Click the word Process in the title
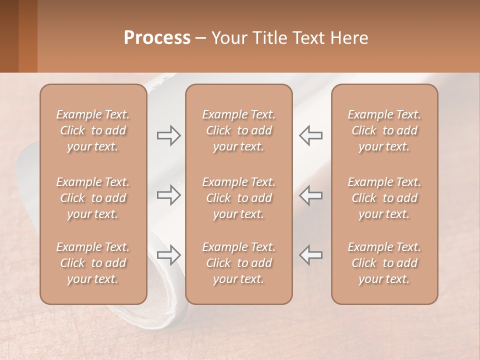click(157, 38)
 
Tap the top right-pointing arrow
click(168, 135)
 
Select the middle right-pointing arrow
click(168, 195)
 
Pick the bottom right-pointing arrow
click(168, 254)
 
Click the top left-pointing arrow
click(310, 135)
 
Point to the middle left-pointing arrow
click(310, 195)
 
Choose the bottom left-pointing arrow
click(310, 254)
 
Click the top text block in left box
click(93, 130)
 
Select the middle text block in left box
click(93, 198)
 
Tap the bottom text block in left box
click(93, 263)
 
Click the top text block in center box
click(239, 130)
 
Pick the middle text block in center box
click(239, 198)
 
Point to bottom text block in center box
click(239, 263)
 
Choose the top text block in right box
click(384, 130)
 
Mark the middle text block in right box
click(384, 198)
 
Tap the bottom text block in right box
click(384, 263)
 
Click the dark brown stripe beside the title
click(9, 36)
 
